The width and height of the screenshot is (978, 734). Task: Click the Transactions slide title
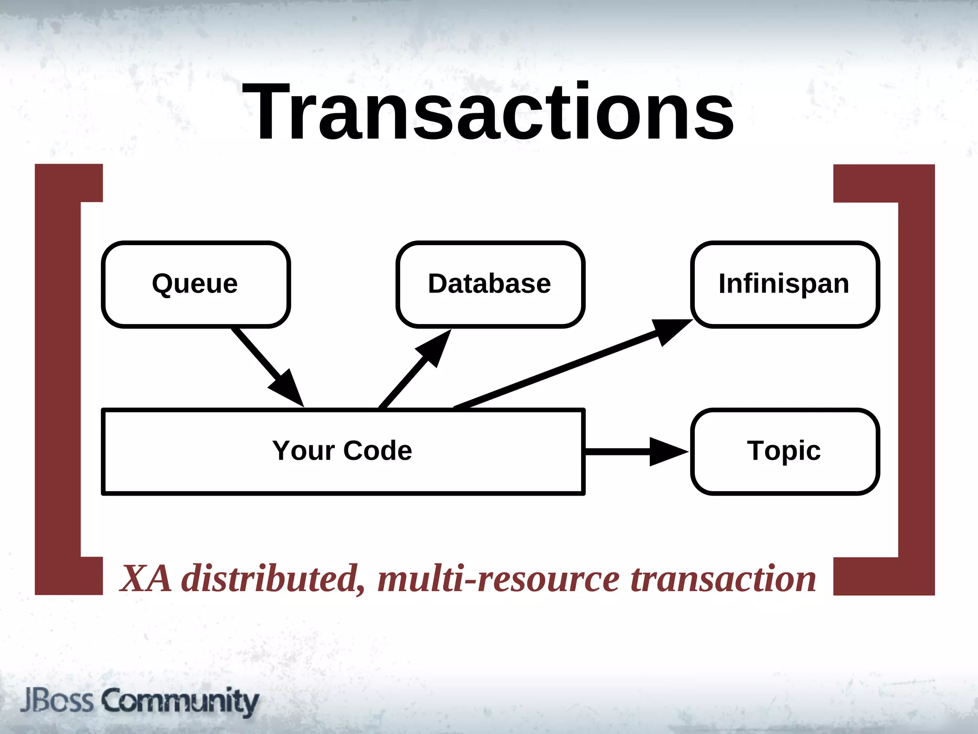(488, 112)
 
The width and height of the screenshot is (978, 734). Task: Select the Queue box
(196, 284)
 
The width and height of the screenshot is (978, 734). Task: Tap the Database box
(490, 284)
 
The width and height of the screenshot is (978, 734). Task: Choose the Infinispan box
(785, 284)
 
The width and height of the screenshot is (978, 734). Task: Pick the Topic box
(785, 451)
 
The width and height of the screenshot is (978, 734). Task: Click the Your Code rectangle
(343, 451)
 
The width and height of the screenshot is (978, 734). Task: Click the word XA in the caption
(146, 579)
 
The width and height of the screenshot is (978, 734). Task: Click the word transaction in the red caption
(723, 579)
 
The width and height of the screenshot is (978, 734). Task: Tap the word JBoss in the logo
(56, 701)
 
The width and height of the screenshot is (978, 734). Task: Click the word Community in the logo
(181, 702)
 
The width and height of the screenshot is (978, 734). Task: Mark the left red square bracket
(57, 379)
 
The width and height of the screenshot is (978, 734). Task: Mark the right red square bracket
(916, 379)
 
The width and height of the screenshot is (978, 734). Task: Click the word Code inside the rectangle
(377, 451)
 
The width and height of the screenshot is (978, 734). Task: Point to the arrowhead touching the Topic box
(669, 451)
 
